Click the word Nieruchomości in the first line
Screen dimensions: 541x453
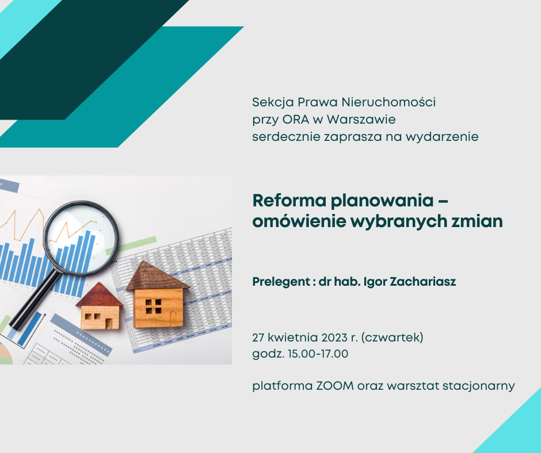(388, 102)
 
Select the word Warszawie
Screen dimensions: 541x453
(361, 120)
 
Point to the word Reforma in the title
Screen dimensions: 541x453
(289, 200)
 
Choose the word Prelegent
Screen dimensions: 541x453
(281, 282)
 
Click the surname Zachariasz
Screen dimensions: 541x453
(422, 282)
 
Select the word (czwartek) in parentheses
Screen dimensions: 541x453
(392, 337)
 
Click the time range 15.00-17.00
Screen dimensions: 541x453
(318, 354)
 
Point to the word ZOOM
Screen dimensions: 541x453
(335, 385)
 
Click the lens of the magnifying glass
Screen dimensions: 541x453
(81, 238)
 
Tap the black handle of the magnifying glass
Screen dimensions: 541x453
(33, 300)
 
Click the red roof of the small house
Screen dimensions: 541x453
(100, 295)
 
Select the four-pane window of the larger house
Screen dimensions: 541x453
(153, 306)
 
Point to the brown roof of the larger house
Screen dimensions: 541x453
(157, 276)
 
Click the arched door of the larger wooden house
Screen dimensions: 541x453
(173, 318)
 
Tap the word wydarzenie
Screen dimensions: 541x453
(442, 137)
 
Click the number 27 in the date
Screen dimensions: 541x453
(258, 337)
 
